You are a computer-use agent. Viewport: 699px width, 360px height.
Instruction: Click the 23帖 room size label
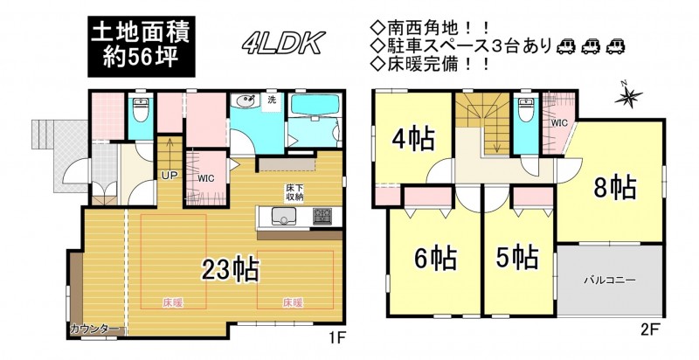(x=231, y=269)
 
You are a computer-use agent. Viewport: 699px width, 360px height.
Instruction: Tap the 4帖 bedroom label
(x=412, y=139)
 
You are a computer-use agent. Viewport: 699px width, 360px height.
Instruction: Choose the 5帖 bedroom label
(x=517, y=257)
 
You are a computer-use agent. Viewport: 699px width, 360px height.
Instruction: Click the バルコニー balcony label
(x=610, y=280)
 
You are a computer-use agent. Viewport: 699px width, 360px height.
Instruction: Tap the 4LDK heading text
(x=283, y=43)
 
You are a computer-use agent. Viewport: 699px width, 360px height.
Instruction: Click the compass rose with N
(x=628, y=95)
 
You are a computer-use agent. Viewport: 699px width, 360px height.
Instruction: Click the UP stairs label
(x=170, y=175)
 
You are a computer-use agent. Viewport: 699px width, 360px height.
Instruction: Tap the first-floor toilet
(x=141, y=110)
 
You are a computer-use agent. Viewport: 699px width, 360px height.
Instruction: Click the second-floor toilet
(x=526, y=109)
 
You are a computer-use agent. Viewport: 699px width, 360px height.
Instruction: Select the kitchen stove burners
(x=322, y=216)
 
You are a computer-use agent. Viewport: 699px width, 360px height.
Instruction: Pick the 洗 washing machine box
(x=272, y=100)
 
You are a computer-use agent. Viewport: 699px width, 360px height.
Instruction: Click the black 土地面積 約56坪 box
(x=142, y=46)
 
